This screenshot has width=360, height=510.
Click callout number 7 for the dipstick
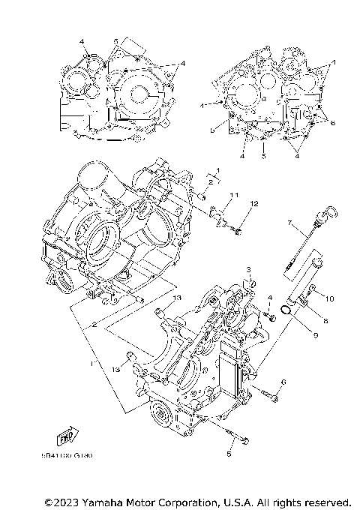pos(288,223)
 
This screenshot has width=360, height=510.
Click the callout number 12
pos(254,204)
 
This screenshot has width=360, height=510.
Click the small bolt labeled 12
pos(238,229)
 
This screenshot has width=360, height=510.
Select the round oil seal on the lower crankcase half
pos(159,412)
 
